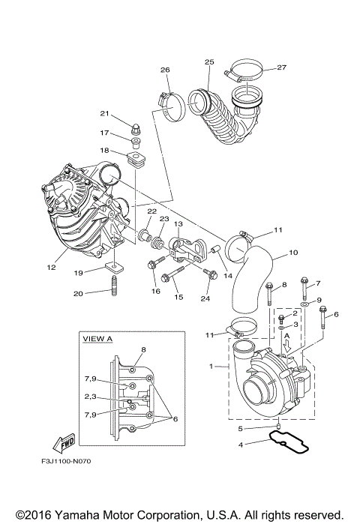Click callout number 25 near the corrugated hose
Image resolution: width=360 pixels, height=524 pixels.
tap(209, 61)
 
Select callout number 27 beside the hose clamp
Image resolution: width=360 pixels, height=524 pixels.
tap(281, 67)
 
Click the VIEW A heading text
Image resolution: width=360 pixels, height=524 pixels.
tap(97, 339)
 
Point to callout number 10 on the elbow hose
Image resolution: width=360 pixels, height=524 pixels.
tap(293, 253)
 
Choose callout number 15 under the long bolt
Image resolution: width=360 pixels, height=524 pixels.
tap(178, 298)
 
